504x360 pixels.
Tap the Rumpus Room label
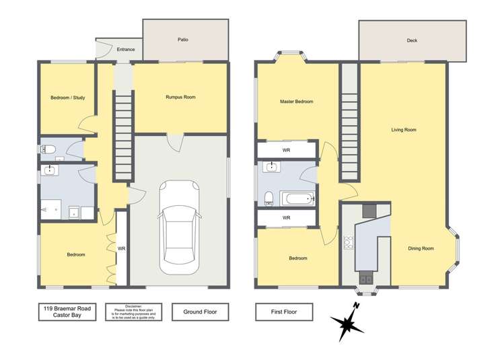point(180,98)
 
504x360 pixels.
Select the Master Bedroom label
point(297,102)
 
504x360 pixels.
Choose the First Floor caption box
point(285,312)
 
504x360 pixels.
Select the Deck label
point(412,40)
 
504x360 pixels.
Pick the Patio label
point(183,40)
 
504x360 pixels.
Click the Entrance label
point(126,49)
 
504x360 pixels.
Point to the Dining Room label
point(421,248)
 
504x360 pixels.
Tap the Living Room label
point(404,129)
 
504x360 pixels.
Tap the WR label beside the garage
point(122,248)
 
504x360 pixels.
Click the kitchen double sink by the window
point(365,277)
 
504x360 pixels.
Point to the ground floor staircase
point(122,138)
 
